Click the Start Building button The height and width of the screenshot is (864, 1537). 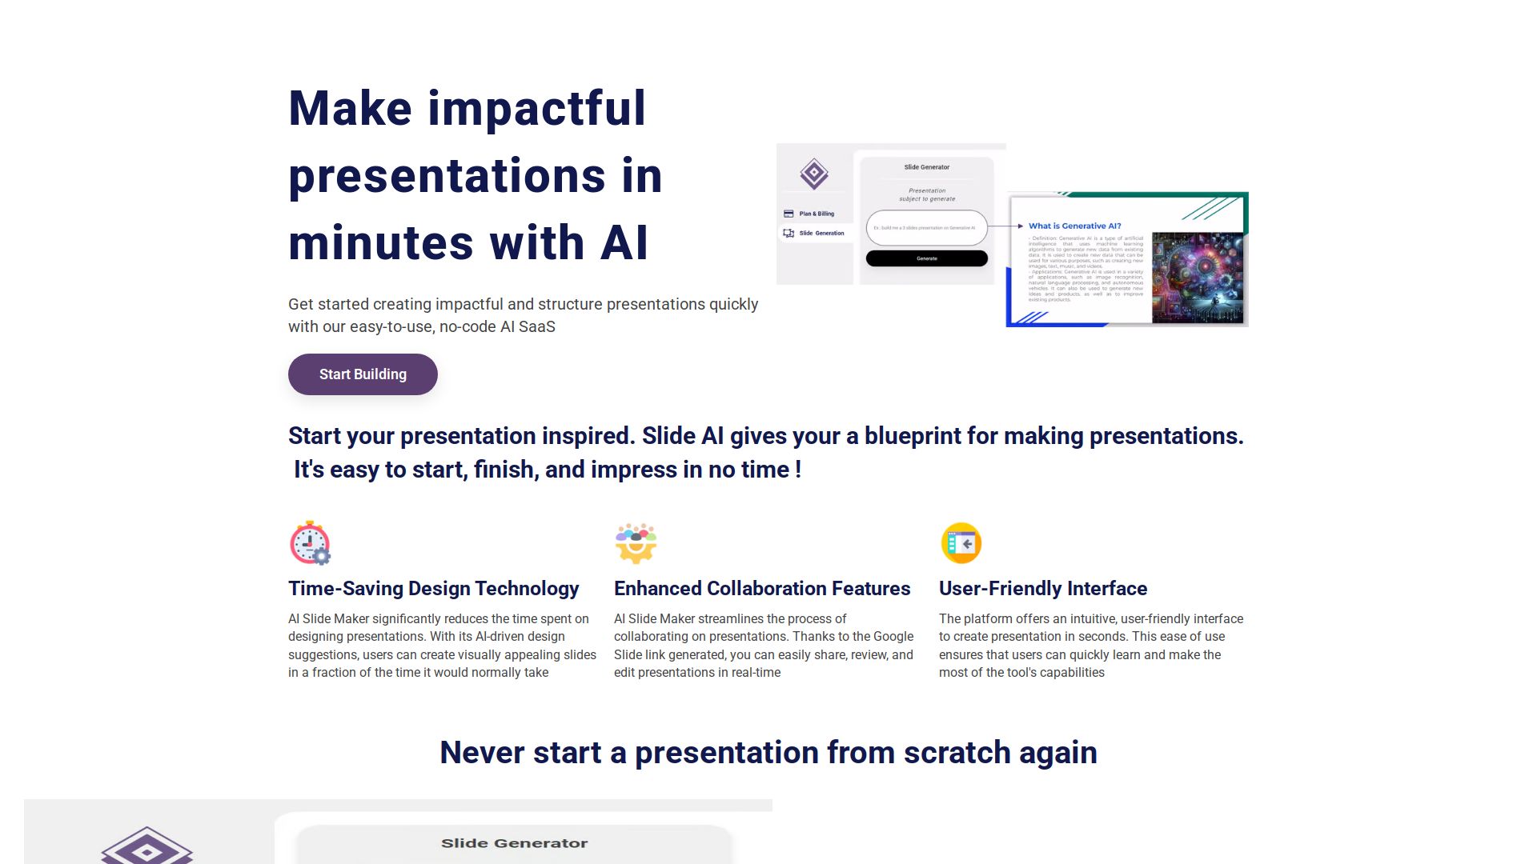point(363,374)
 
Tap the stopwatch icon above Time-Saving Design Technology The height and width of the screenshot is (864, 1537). point(310,543)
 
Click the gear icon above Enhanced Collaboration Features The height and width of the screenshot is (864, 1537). point(636,543)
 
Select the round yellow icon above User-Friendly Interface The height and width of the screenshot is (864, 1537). point(961,543)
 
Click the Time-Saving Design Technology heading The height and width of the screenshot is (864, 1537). point(433,589)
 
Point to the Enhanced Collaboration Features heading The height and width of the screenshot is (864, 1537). point(761,589)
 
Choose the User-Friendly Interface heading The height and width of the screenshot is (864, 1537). point(1042,589)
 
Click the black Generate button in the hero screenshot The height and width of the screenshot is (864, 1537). point(926,258)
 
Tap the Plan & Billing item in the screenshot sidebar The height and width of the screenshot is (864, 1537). point(815,214)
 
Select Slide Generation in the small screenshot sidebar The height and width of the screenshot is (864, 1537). point(820,233)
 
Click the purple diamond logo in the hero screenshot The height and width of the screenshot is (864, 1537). point(814,174)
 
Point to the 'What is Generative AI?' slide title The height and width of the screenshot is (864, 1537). point(1074,226)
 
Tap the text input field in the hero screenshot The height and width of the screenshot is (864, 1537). point(926,228)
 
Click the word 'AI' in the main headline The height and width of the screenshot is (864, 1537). point(624,243)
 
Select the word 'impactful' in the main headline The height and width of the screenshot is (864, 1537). point(536,109)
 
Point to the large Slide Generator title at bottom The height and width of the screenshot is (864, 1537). point(514,843)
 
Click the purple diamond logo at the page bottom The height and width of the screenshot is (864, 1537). point(146,848)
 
